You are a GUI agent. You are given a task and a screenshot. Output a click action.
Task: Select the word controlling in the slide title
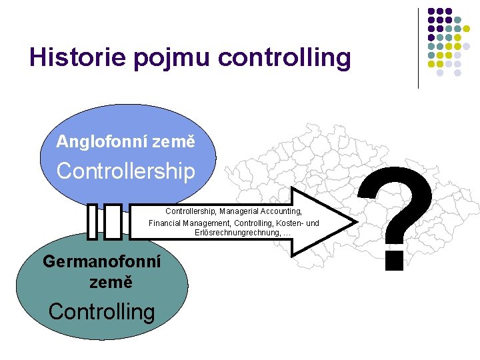pos(284,57)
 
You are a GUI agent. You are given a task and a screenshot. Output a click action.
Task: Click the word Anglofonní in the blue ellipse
pos(102,142)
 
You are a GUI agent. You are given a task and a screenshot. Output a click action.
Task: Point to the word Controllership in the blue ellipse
pos(126,171)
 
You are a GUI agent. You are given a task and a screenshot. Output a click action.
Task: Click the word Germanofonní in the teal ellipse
pos(102,261)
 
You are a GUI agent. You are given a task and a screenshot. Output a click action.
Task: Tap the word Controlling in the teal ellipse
pos(101,311)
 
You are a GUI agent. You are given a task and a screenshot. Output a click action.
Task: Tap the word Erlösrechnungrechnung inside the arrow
pos(237,233)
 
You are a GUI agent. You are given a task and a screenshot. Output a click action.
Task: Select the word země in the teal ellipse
pos(111,282)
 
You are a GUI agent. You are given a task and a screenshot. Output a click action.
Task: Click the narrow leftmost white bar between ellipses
pos(93,221)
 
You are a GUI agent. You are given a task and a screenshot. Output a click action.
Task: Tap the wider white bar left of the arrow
pos(113,221)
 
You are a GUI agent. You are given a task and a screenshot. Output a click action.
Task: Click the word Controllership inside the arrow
pos(190,211)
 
